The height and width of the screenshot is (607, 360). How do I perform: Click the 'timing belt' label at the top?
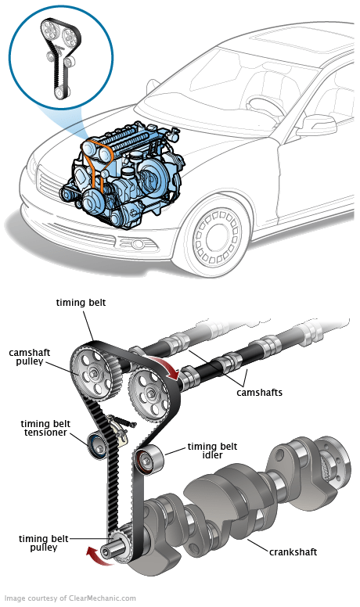point(81,303)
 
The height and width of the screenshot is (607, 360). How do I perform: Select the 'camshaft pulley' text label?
point(30,357)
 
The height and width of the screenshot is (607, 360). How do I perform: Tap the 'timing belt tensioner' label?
point(45,428)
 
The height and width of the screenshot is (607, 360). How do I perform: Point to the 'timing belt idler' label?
point(212,451)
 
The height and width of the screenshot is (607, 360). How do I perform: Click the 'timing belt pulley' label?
point(43,543)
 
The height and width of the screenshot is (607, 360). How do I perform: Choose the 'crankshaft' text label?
point(293,551)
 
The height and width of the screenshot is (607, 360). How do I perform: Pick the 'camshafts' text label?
point(259,392)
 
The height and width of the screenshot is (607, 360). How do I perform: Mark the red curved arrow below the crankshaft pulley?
point(99,558)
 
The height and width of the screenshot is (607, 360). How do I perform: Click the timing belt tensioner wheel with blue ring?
point(97,447)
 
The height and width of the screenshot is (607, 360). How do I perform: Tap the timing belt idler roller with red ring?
point(148,459)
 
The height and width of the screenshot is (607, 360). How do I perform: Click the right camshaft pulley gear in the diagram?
point(149,395)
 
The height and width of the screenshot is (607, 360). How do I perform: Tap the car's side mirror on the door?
point(316,125)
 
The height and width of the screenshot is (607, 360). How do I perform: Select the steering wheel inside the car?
point(265,106)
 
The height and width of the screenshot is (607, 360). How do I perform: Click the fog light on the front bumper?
point(136,244)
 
